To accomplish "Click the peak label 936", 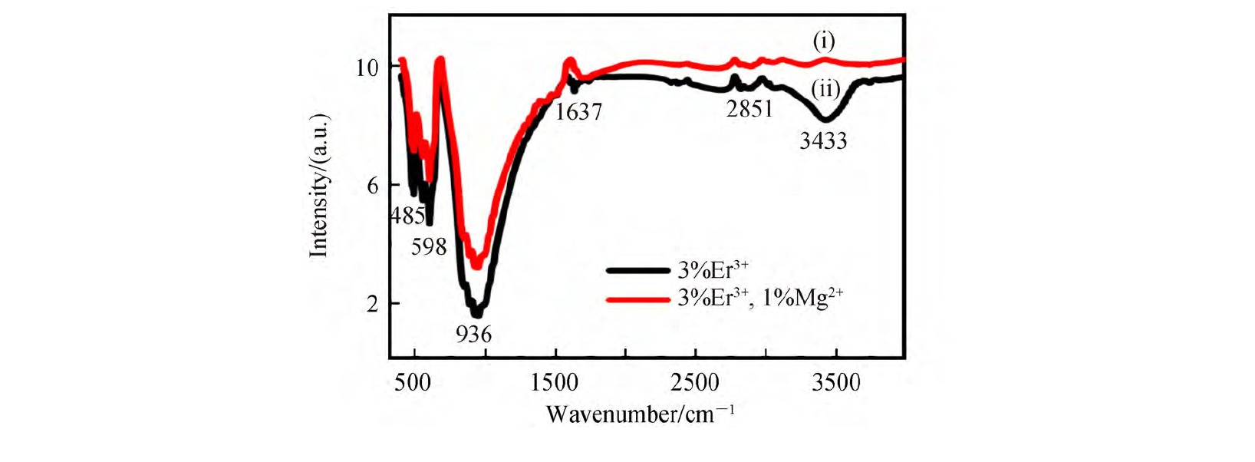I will tap(473, 335).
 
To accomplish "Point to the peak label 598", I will tap(428, 247).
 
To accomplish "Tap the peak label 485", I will tap(407, 216).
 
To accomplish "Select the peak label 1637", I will tap(578, 112).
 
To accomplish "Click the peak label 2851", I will tap(749, 109).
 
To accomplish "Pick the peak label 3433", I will tap(823, 140).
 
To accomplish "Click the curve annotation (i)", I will tap(824, 41).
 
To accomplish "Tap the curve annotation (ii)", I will tap(825, 89).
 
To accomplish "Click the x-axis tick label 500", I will tap(413, 382).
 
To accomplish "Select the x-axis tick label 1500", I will tap(554, 382).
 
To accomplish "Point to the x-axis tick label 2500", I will tap(695, 382).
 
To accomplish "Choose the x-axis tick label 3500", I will tap(836, 382).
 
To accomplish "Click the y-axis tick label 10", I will tap(367, 68).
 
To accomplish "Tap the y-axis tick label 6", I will tap(373, 186).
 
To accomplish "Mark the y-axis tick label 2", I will tap(373, 304).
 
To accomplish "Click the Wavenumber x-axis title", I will tap(640, 414).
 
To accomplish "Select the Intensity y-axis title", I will tap(319, 186).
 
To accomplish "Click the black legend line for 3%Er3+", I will tap(637, 270).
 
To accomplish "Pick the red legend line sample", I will tap(637, 299).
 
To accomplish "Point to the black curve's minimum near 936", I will tap(476, 313).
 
